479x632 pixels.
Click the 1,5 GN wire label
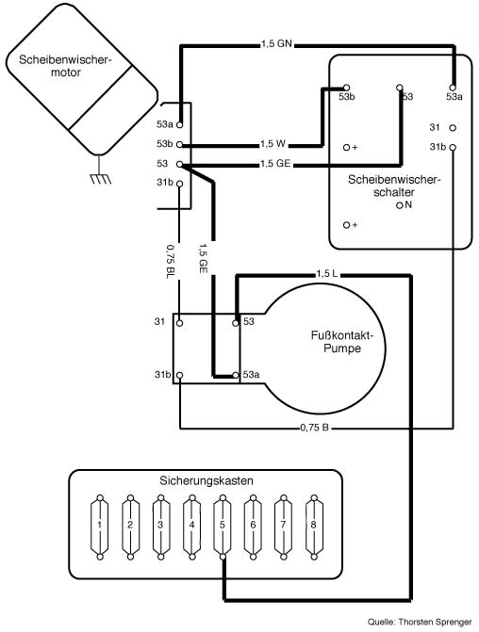276,43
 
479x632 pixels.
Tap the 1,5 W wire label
273,143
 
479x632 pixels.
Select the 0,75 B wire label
314,428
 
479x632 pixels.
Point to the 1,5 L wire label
327,274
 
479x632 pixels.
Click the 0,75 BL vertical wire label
171,262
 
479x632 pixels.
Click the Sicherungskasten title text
206,481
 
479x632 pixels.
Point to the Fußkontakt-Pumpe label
342,341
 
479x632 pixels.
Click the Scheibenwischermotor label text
65,66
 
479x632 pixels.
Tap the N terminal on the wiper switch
400,205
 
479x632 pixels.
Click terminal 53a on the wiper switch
453,88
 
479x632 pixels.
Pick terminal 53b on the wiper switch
346,87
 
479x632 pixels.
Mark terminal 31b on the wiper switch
453,148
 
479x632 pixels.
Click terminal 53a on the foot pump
236,375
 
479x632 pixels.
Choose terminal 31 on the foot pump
180,323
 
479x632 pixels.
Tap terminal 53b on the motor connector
180,145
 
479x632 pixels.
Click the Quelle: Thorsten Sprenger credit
420,623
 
